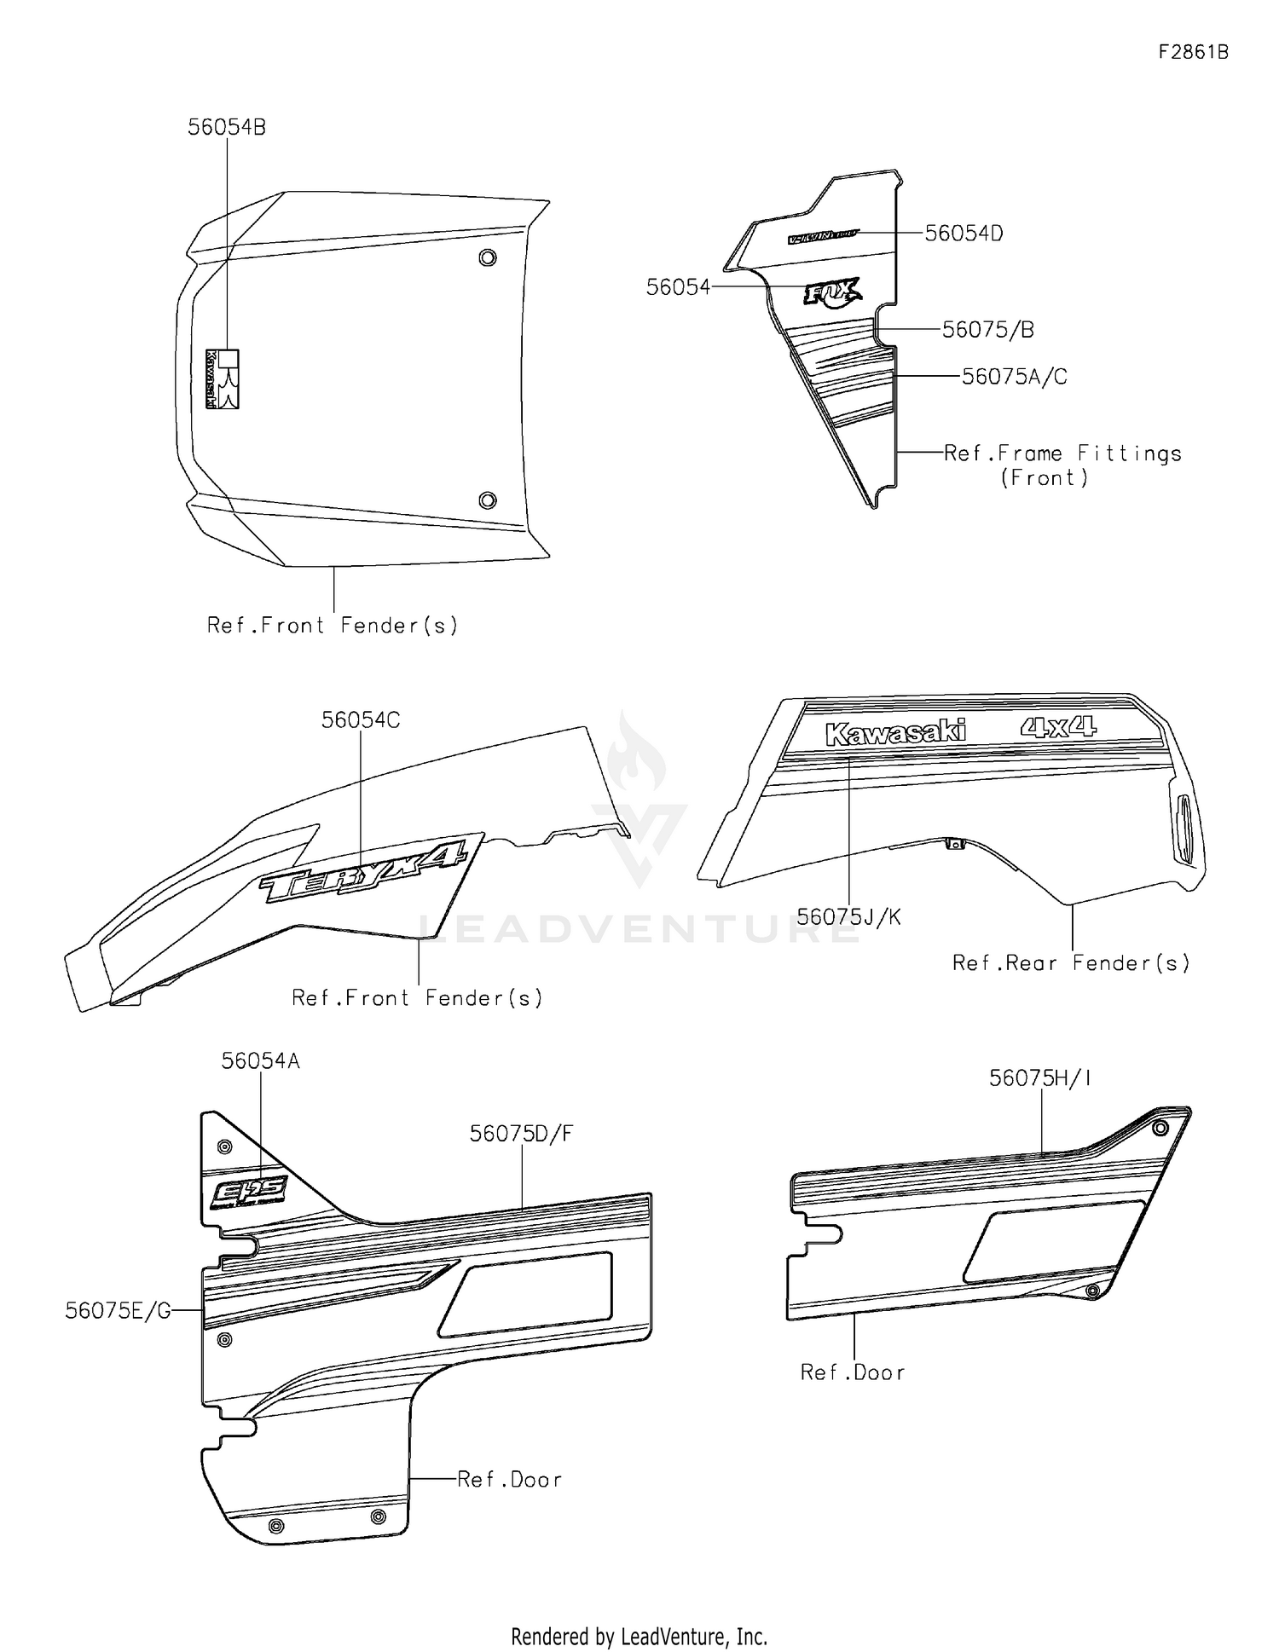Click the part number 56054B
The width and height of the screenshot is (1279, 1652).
point(227,127)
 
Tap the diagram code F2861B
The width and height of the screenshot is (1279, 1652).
point(1193,52)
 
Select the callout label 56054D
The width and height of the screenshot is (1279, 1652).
point(964,233)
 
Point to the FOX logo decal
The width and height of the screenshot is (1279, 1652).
point(832,293)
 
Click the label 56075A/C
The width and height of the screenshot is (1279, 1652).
point(1014,376)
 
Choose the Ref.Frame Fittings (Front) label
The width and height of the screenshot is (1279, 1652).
point(1062,465)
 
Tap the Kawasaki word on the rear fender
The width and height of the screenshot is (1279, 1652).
point(895,733)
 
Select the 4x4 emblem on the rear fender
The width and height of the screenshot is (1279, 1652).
point(1057,727)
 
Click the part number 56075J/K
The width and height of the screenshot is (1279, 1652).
point(848,916)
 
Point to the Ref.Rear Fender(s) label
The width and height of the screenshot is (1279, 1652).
point(1070,962)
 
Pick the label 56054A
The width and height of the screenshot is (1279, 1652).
point(260,1060)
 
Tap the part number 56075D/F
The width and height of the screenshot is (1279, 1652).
point(521,1133)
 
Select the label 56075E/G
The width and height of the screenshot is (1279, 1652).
point(118,1310)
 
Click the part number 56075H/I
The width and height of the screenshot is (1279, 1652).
point(1040,1077)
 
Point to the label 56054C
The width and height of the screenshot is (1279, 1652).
point(360,719)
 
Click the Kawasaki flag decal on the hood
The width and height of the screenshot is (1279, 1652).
point(222,378)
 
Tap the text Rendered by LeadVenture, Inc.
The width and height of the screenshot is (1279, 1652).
point(639,1636)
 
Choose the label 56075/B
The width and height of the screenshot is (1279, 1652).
point(987,329)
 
